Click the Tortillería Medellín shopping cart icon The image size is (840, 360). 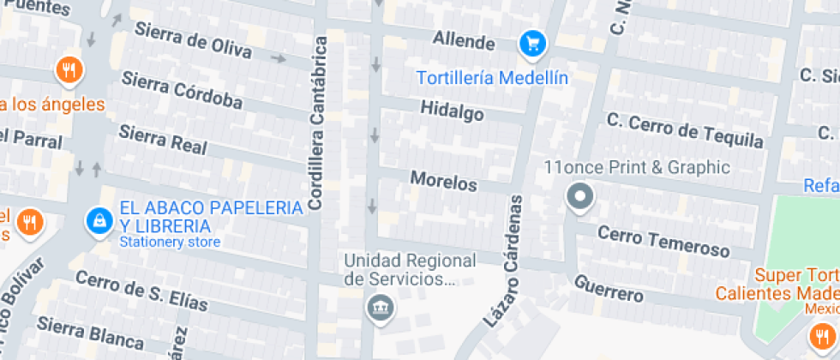point(533,43)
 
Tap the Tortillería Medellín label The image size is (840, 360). point(492,78)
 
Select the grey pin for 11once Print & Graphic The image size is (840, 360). point(580,198)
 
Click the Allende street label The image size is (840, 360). point(464,40)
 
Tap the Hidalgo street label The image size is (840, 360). point(453,111)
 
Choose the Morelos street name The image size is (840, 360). point(443,182)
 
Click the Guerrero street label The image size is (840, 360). point(609,288)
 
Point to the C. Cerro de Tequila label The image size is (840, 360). point(685,130)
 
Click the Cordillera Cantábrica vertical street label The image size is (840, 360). point(318,123)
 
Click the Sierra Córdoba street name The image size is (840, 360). point(182,91)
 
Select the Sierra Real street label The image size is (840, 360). point(163,140)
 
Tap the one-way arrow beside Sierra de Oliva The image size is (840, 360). point(278,58)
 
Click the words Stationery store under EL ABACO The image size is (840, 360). point(170,242)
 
